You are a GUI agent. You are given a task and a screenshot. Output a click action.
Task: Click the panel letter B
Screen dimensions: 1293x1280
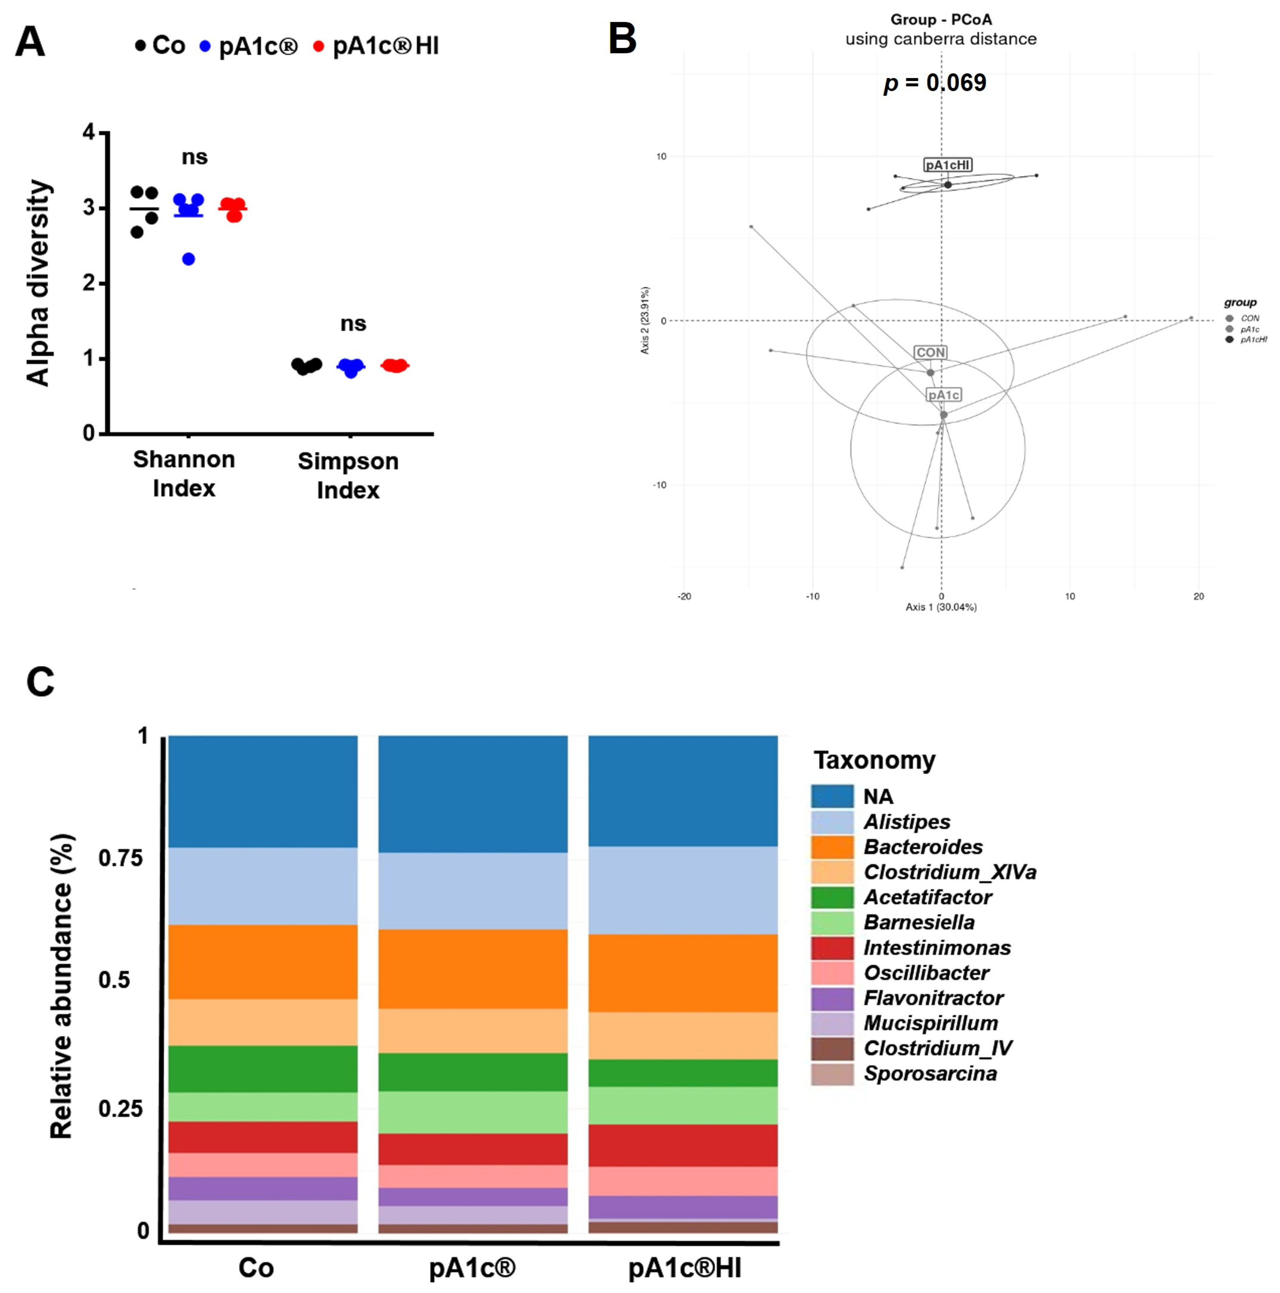(622, 39)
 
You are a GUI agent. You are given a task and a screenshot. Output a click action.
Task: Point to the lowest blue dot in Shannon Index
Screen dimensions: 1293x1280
(189, 259)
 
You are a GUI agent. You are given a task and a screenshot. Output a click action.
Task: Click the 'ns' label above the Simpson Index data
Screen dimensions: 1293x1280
(353, 324)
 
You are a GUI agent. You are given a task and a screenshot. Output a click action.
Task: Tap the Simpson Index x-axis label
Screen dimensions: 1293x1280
(348, 475)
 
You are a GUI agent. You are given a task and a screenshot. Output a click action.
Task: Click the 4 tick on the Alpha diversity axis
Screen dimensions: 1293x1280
(89, 133)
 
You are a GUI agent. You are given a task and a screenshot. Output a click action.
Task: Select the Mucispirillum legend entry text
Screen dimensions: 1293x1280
(930, 1023)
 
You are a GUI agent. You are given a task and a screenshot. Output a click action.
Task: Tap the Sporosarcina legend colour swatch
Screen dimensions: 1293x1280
(832, 1074)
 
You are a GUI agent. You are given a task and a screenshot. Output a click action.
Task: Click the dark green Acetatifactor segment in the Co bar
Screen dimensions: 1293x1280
(262, 1069)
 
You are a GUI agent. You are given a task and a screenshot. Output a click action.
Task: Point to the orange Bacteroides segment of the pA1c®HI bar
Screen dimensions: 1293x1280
(683, 973)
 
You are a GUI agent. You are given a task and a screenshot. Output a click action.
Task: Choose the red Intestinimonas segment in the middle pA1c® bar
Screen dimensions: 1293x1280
(473, 1149)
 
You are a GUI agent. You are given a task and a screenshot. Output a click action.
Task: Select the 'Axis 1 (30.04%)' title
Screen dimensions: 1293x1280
(941, 607)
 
